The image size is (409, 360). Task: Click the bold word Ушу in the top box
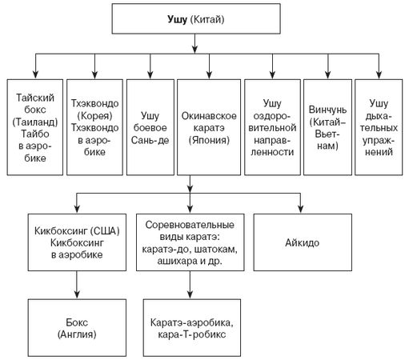click(x=177, y=20)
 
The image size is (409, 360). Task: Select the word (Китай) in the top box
click(x=207, y=19)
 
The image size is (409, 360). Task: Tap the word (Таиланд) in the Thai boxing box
click(x=35, y=122)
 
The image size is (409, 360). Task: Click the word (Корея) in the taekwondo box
click(x=94, y=116)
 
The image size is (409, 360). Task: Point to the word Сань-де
click(x=150, y=140)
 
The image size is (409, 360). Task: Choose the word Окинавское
click(x=209, y=116)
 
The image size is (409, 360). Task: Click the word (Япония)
click(x=209, y=140)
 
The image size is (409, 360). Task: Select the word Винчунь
click(x=327, y=110)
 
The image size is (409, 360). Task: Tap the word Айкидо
click(x=303, y=242)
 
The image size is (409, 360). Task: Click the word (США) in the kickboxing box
click(x=105, y=230)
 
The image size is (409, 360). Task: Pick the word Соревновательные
click(x=190, y=225)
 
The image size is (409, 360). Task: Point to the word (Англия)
click(x=77, y=334)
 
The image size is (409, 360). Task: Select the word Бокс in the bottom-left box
click(x=77, y=322)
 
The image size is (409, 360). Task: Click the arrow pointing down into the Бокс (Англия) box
click(x=77, y=285)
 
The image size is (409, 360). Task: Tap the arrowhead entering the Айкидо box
click(x=301, y=209)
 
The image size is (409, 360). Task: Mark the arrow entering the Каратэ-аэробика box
click(x=190, y=285)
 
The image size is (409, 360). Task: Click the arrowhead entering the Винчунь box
click(x=328, y=74)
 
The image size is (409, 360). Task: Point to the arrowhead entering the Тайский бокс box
click(x=35, y=74)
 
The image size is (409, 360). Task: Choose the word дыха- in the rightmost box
click(x=379, y=116)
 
